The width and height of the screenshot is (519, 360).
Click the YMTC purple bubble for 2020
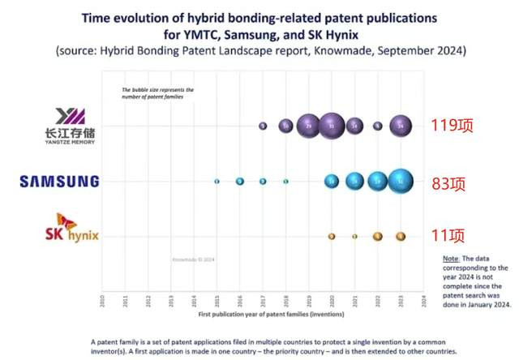(331, 126)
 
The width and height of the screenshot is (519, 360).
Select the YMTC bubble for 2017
(263, 126)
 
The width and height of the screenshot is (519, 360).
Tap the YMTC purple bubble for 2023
(400, 126)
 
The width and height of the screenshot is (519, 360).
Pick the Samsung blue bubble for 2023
(401, 181)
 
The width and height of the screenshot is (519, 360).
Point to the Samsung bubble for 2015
(217, 181)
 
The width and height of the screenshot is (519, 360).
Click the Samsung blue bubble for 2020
(331, 181)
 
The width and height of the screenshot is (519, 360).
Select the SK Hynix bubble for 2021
(354, 236)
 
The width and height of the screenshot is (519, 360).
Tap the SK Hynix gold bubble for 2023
(401, 236)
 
